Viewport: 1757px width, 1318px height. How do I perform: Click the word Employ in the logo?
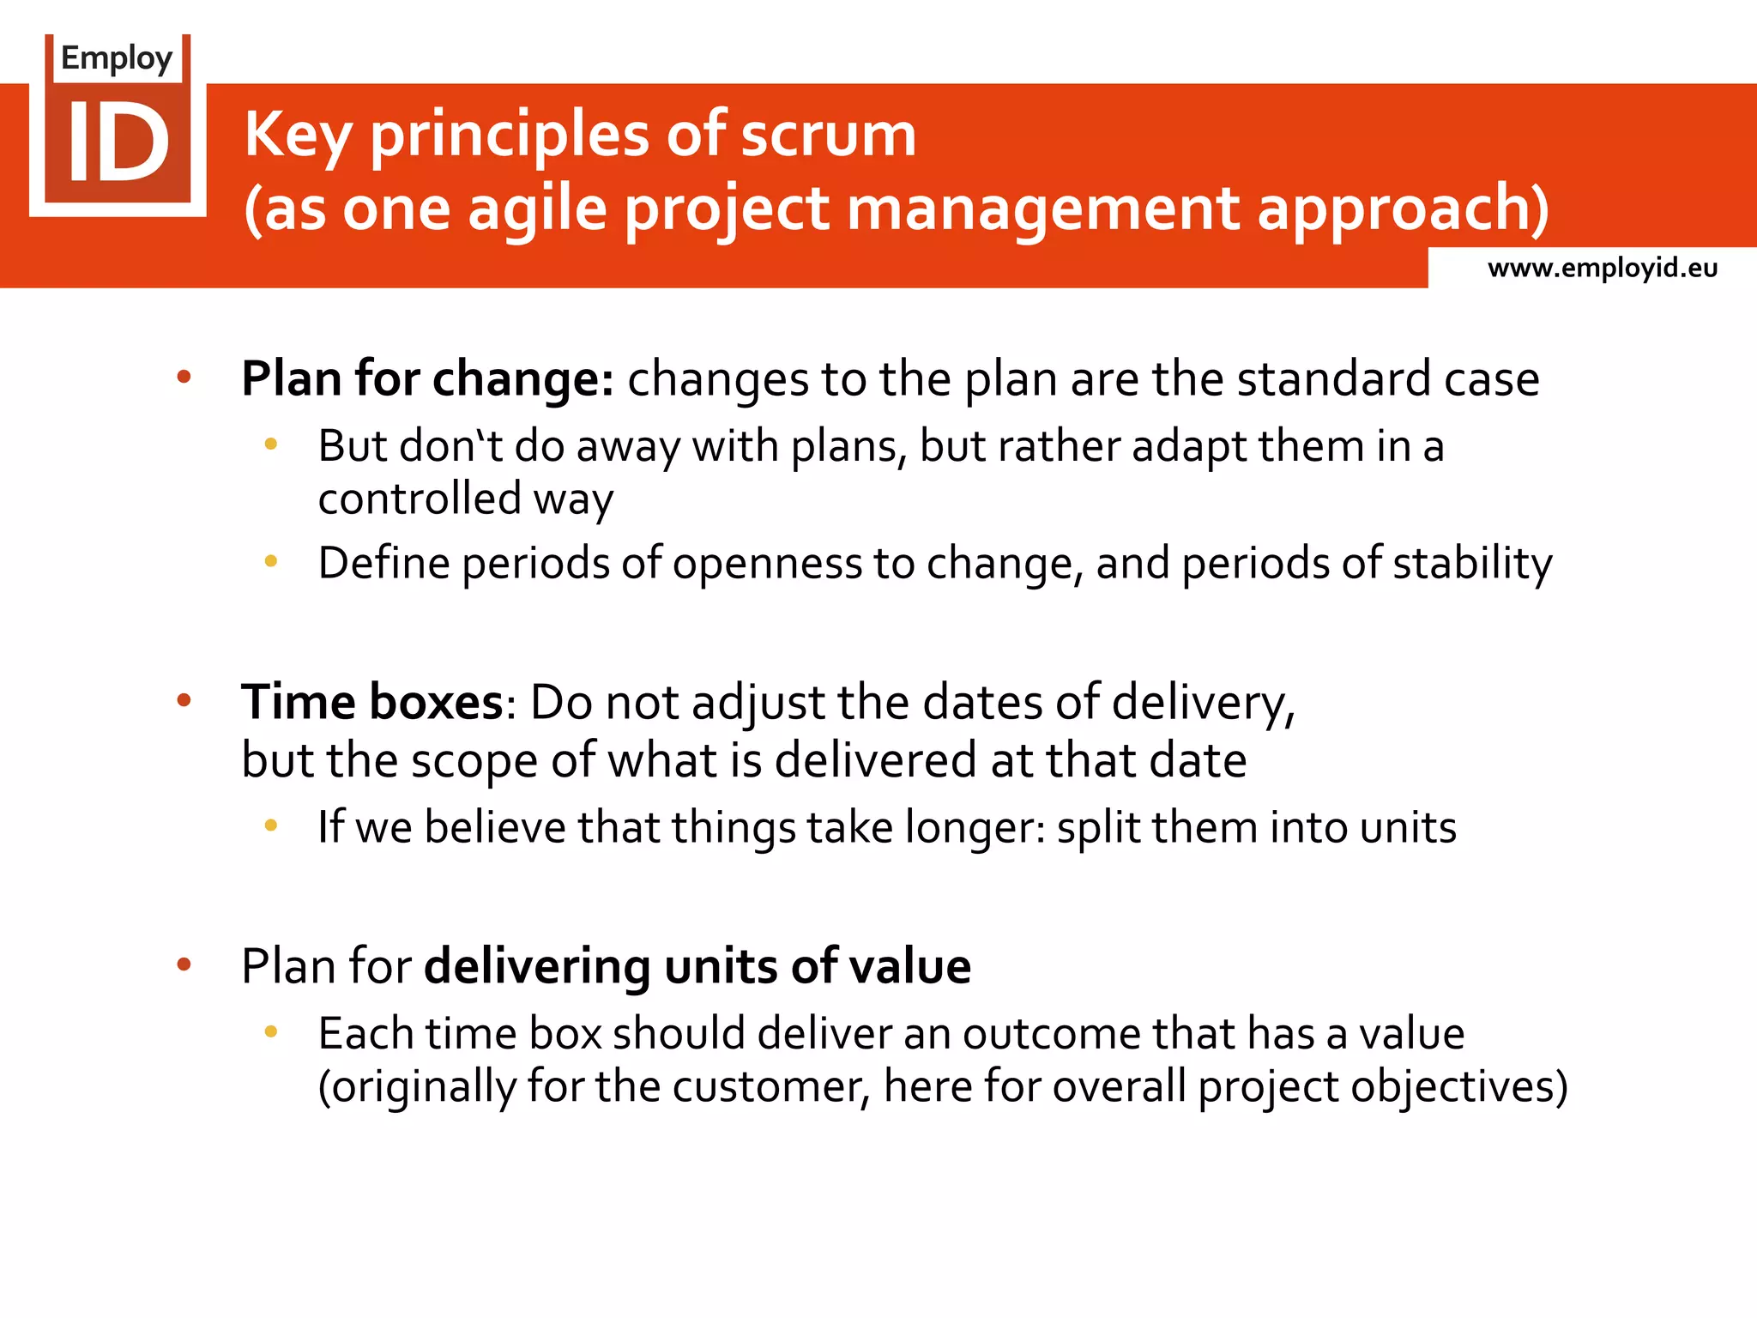pos(117,58)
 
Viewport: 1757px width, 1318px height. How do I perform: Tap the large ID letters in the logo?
pos(118,142)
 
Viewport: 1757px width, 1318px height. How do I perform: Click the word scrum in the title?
pos(828,135)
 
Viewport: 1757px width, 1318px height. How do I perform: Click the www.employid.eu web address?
pos(1602,268)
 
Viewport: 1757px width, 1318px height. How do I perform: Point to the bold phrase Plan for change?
pos(427,378)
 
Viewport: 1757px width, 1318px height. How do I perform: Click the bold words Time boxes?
pos(371,702)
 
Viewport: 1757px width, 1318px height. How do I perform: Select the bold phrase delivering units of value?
pos(697,966)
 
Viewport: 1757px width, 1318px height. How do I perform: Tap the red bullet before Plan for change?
pos(184,377)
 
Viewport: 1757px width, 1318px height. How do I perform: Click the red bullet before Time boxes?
pos(184,701)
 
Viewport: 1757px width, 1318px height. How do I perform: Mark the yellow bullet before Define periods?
pos(271,562)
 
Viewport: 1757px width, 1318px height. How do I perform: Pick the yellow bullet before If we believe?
pos(271,825)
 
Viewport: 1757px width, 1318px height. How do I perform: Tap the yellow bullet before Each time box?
pos(271,1032)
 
